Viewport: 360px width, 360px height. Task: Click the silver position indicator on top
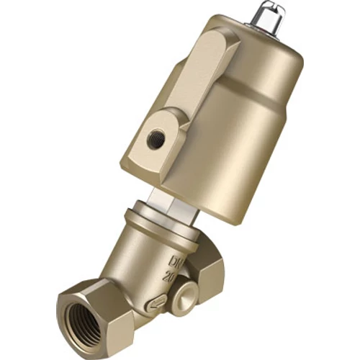coord(269,17)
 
